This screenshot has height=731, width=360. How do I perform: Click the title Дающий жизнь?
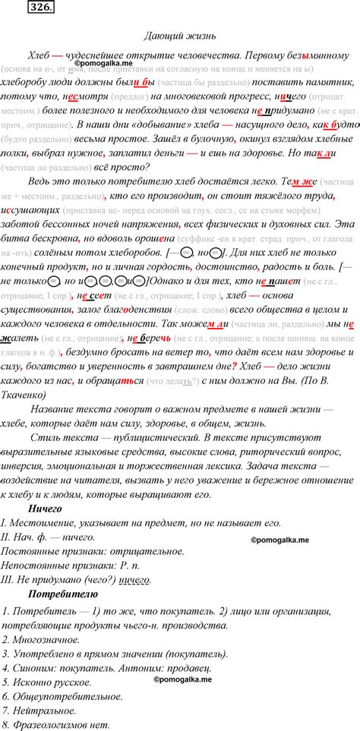pos(180,36)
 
